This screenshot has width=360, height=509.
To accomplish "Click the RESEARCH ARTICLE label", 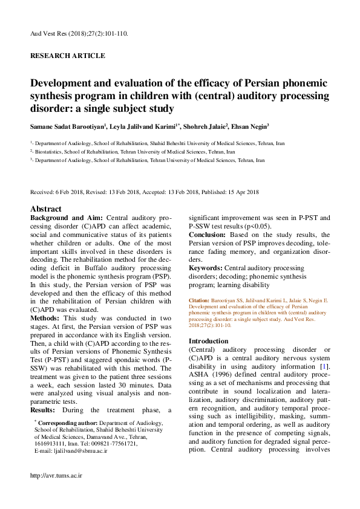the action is point(67,56).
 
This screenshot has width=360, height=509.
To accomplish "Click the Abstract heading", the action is point(45,209).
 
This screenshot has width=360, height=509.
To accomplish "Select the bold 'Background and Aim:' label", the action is point(67,218).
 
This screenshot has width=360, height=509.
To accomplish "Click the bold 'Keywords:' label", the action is point(206,268).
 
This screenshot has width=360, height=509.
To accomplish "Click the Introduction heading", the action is point(209,341).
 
